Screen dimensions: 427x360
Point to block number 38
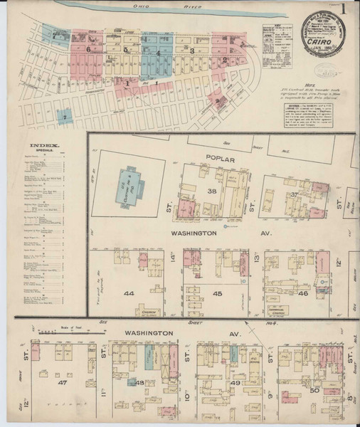point(211,192)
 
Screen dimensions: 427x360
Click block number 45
point(218,293)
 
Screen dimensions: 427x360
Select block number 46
point(302,292)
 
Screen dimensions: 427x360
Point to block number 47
point(62,382)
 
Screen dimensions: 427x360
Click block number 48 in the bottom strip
point(140,383)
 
